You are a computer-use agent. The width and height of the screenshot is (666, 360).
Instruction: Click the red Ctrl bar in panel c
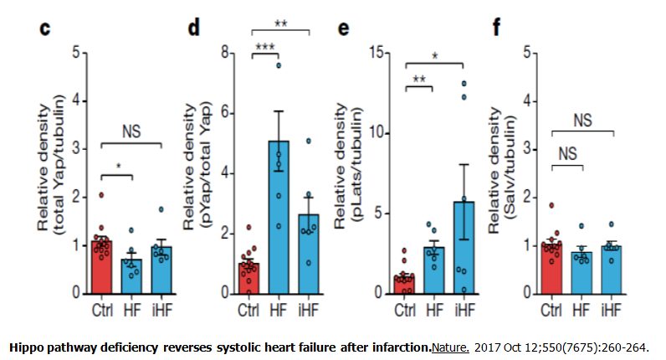pos(102,266)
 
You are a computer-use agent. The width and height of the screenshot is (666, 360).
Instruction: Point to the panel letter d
pos(194,28)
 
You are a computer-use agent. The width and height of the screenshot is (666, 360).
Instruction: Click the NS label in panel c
pos(131,131)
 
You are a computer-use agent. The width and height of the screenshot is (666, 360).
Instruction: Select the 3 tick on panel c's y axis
pos(75,149)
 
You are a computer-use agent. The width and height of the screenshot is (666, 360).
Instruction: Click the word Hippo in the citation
pos(25,346)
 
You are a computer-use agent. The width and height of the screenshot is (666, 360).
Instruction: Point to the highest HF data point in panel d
pos(281,64)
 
